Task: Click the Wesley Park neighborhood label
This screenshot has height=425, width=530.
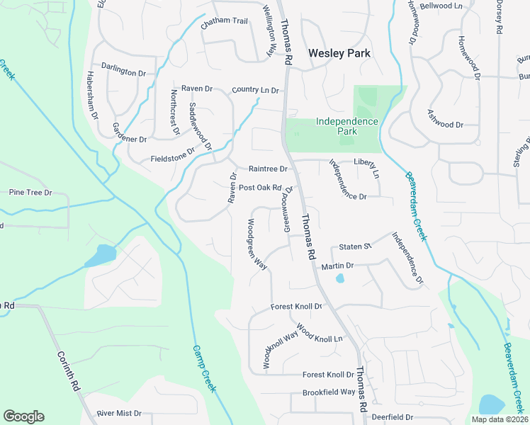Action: coord(339,53)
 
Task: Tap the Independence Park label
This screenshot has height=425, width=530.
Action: coord(347,126)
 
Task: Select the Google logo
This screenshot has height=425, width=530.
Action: coord(23,416)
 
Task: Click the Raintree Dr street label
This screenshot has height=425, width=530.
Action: coord(268,169)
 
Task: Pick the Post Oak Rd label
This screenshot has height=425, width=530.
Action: coord(260,188)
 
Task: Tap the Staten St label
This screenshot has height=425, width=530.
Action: coord(355,246)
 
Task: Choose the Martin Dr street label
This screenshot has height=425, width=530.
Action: coord(337,266)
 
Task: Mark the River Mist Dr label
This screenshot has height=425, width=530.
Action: coord(120,413)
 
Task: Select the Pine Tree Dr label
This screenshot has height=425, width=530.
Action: coord(30,192)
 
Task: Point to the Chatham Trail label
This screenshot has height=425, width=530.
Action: coord(224,21)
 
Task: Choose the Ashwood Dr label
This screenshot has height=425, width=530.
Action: coord(445,125)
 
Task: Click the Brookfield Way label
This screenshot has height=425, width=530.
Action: coord(329,392)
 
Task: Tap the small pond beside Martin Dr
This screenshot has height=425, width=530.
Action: coord(340,278)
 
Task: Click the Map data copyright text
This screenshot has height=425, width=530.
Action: coord(500,419)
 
